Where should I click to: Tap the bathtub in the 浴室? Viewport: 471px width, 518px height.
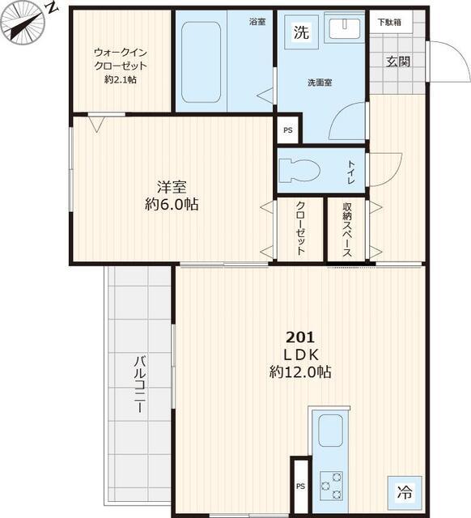click(202, 62)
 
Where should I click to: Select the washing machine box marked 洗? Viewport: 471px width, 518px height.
click(301, 32)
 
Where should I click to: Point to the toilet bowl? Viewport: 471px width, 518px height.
click(299, 171)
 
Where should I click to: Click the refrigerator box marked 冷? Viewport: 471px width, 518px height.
click(405, 492)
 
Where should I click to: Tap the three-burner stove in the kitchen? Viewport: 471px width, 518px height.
click(331, 486)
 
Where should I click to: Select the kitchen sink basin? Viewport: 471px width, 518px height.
click(330, 431)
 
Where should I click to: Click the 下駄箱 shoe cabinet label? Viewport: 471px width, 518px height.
click(390, 22)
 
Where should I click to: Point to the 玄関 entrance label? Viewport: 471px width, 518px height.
click(398, 62)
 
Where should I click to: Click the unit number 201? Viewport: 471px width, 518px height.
click(300, 338)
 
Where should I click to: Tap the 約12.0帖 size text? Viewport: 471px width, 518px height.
click(300, 372)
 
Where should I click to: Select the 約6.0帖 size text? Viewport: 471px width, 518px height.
click(172, 205)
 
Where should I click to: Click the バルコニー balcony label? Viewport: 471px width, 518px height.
click(140, 384)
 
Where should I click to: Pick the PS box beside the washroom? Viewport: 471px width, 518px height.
click(288, 130)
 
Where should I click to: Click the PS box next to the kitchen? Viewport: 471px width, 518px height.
click(300, 486)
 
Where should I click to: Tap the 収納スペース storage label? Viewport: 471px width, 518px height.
click(347, 230)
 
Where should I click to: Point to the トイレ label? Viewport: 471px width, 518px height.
click(350, 172)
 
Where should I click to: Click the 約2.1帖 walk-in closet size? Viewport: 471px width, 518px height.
click(121, 79)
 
